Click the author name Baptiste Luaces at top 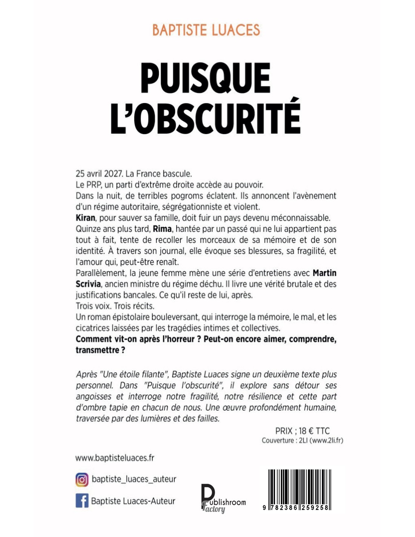point(206,30)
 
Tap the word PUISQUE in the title point(206,78)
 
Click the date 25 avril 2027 point(99,174)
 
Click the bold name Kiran point(85,218)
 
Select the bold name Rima point(162,229)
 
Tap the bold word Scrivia point(88,284)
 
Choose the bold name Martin point(324,273)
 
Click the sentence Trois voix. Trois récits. point(115,306)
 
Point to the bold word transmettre point(97,350)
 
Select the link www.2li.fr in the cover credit point(326,440)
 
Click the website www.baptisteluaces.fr point(115,458)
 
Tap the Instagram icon point(82,480)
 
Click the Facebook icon point(82,501)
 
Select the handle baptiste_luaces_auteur point(134,479)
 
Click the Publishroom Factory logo point(223,498)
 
